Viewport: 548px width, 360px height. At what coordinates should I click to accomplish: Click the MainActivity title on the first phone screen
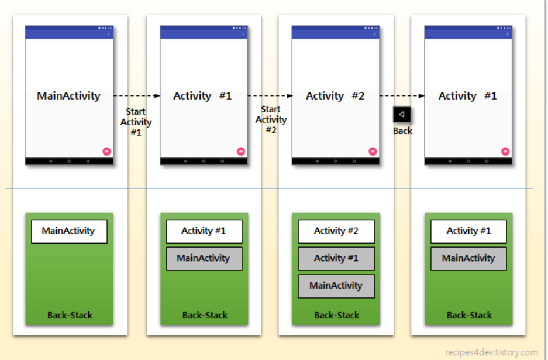coord(68,96)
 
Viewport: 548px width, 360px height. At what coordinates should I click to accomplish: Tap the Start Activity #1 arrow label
coord(136,122)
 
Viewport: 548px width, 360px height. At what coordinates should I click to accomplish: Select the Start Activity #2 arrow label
coord(271,119)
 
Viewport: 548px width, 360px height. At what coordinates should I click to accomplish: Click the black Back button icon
coord(402,114)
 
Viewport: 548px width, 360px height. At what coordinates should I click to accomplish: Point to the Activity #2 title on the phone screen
coord(335,96)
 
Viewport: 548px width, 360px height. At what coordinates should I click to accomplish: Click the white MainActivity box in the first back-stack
coord(68,231)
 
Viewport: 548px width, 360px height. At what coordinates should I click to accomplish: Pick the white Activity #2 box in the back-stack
coord(336,231)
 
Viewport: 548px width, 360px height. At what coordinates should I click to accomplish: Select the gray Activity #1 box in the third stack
coord(336,258)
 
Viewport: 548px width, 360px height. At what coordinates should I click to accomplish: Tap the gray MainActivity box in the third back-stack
coord(336,286)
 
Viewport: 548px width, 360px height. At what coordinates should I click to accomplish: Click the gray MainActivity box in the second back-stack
coord(204,258)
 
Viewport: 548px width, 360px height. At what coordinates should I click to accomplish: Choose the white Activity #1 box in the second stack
coord(204,231)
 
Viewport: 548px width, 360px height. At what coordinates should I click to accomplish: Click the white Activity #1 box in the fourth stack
coord(468,231)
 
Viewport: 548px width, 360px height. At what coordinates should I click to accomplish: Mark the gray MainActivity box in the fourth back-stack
coord(468,258)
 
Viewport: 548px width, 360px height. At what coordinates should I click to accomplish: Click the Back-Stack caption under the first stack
coord(70,316)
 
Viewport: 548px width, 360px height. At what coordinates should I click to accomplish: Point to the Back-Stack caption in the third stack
coord(336,316)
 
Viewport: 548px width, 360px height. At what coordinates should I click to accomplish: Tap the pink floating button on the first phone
coord(106,152)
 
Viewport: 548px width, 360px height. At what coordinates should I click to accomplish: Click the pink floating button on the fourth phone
coord(505,152)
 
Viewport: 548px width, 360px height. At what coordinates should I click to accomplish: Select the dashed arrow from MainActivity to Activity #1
coord(136,95)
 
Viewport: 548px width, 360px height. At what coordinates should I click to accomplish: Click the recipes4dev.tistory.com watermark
coord(491,352)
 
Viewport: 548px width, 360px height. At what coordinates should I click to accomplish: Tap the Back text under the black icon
coord(402,131)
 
